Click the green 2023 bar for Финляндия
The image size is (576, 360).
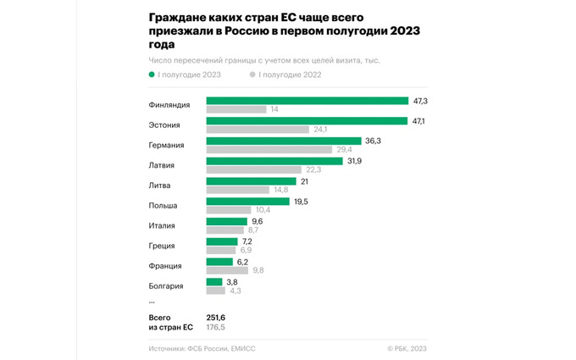pos(307,101)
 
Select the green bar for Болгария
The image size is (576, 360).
pos(214,282)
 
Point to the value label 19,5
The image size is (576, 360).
pos(300,202)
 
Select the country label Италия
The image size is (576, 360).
pos(163,225)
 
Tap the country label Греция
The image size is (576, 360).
pos(162,246)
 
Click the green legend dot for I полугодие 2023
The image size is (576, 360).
pos(152,75)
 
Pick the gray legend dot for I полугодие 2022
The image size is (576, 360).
pos(252,75)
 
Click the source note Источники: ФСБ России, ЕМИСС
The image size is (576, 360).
pos(202,348)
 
